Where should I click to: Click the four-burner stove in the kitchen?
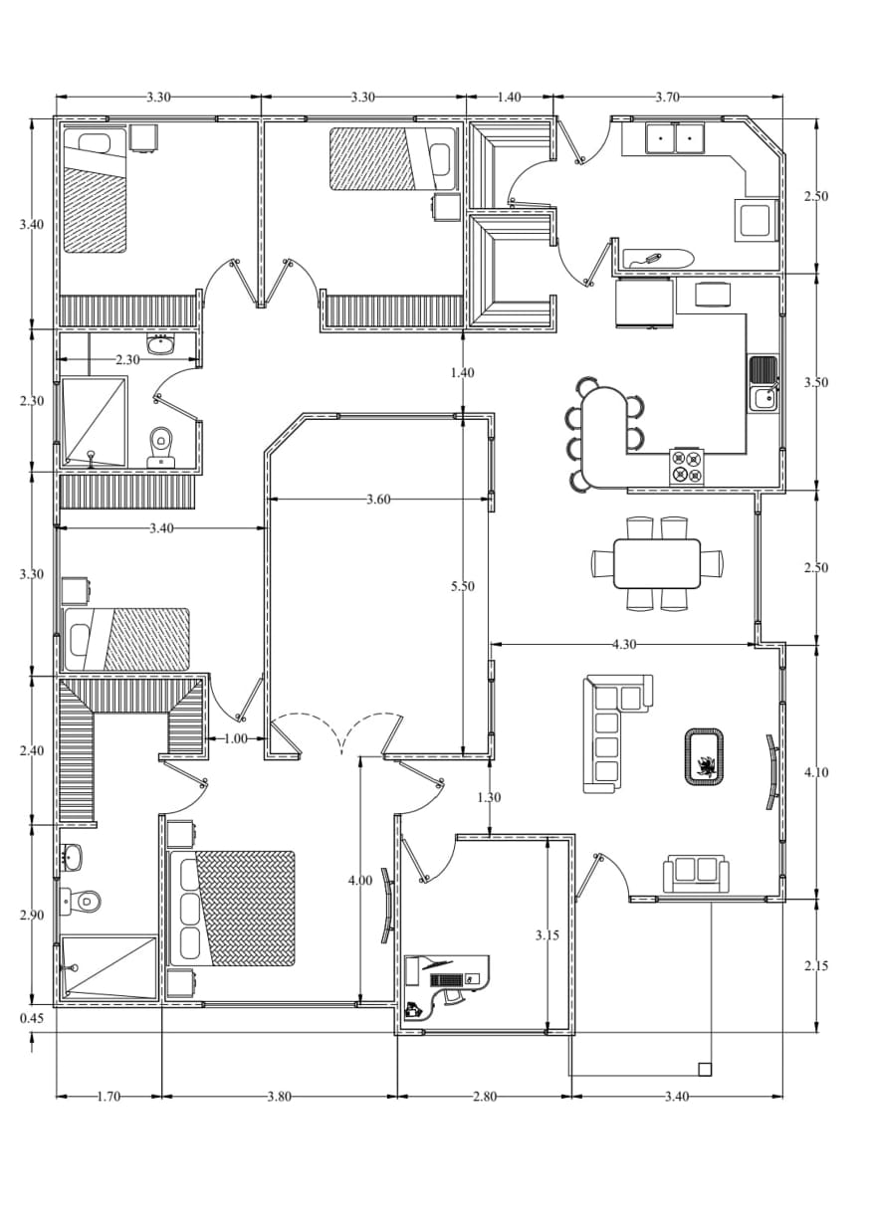[x=687, y=467]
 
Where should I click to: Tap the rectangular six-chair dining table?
[x=657, y=563]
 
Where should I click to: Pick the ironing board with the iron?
[x=659, y=258]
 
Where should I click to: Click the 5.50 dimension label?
[x=462, y=586]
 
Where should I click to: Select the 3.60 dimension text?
[x=378, y=500]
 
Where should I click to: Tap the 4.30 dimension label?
[x=624, y=644]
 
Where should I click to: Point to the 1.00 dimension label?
[x=236, y=739]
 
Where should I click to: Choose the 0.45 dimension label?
[x=32, y=1019]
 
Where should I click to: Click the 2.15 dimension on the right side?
[x=815, y=966]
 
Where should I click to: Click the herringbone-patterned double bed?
[x=233, y=909]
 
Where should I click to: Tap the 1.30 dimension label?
[x=489, y=797]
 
